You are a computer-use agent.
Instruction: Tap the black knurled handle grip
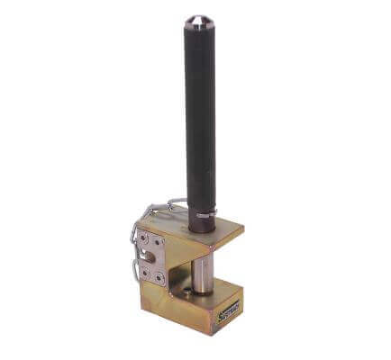click(199, 117)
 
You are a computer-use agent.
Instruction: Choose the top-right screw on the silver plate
click(159, 244)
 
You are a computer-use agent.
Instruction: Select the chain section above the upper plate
click(162, 209)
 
